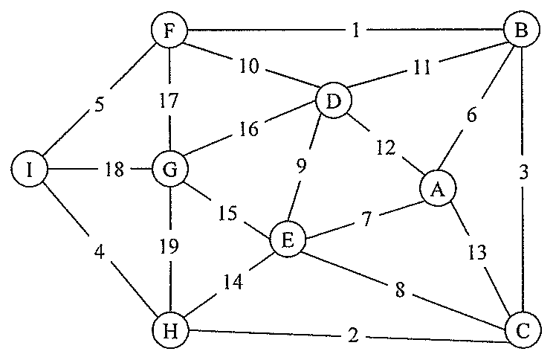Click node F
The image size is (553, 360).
click(x=169, y=30)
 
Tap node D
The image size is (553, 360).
click(x=334, y=100)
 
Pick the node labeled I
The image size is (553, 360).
click(x=29, y=170)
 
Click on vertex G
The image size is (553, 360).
click(x=170, y=170)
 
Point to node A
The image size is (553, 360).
click(x=438, y=189)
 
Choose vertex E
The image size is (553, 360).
click(x=288, y=240)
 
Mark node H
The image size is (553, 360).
click(x=170, y=331)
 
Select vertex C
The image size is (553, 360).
click(x=523, y=331)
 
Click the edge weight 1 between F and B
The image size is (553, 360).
click(x=355, y=30)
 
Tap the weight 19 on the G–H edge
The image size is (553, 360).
click(x=169, y=245)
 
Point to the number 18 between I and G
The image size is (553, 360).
click(x=114, y=169)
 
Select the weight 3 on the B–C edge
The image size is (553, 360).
click(x=524, y=173)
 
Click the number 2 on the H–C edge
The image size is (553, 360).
click(x=353, y=335)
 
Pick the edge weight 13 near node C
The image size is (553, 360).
click(x=477, y=252)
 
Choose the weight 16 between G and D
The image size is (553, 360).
click(x=249, y=129)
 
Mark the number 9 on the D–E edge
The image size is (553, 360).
click(x=301, y=166)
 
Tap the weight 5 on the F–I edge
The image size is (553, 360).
click(x=100, y=105)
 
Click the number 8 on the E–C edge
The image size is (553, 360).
click(x=400, y=290)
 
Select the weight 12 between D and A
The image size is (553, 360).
click(x=387, y=147)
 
